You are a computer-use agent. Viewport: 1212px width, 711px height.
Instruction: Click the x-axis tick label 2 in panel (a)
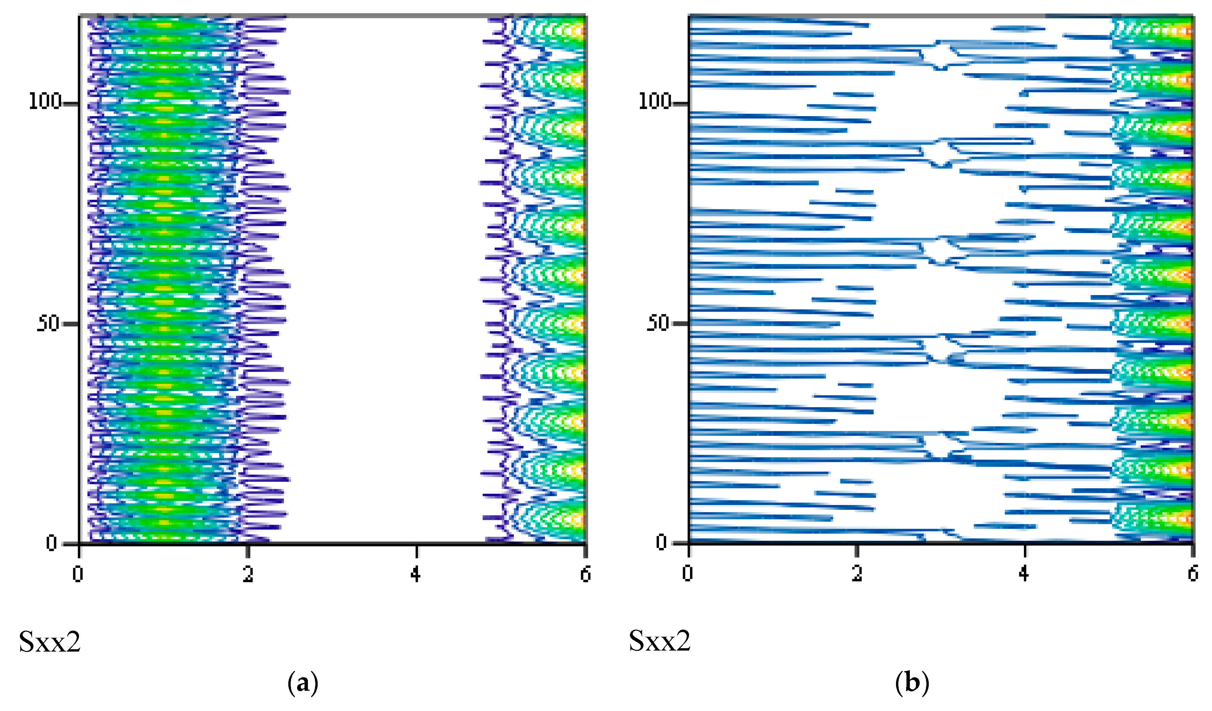coord(248,574)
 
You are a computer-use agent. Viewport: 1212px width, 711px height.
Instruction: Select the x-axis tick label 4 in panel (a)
coord(416,574)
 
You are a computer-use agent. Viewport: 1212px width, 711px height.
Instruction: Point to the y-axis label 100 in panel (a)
coord(45,102)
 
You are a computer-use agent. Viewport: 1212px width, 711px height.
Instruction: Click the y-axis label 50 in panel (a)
coord(48,323)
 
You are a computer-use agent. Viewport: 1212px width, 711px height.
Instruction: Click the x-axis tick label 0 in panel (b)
coord(688,574)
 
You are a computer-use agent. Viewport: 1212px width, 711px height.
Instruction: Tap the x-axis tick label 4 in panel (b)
coord(1024,574)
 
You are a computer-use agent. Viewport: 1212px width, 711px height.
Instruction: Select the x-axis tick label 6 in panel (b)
coord(1193,574)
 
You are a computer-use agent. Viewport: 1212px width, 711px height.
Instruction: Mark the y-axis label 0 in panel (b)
coord(662,543)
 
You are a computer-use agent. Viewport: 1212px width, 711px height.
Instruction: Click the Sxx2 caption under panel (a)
coord(50,641)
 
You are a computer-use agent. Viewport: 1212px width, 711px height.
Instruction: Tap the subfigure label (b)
coord(912,684)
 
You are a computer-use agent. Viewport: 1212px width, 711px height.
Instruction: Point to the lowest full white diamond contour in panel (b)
coord(938,445)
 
